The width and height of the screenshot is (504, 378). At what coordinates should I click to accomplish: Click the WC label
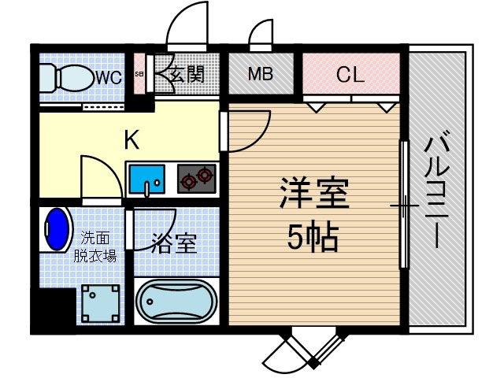(x=109, y=77)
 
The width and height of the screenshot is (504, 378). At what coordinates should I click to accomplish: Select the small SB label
(x=139, y=74)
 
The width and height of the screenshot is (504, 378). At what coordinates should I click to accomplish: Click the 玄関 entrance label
(x=187, y=75)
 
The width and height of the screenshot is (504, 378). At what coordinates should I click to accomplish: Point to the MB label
(x=261, y=73)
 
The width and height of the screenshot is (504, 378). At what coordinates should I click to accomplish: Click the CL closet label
(x=350, y=74)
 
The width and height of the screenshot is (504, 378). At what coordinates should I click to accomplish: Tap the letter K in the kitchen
(x=132, y=139)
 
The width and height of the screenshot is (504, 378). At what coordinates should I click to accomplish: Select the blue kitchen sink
(x=147, y=180)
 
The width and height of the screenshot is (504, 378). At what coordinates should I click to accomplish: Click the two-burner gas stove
(x=196, y=179)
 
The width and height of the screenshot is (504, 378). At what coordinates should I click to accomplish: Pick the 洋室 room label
(x=315, y=192)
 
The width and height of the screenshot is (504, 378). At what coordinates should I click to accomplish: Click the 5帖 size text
(x=313, y=238)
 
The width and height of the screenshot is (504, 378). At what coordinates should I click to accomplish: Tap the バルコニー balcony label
(x=436, y=190)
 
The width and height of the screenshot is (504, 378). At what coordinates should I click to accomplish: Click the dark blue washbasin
(x=57, y=229)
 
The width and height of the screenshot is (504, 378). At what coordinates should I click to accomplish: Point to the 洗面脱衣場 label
(x=94, y=246)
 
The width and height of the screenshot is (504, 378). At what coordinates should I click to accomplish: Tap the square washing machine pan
(x=100, y=304)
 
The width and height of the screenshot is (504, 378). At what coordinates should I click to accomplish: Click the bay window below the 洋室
(x=309, y=347)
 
